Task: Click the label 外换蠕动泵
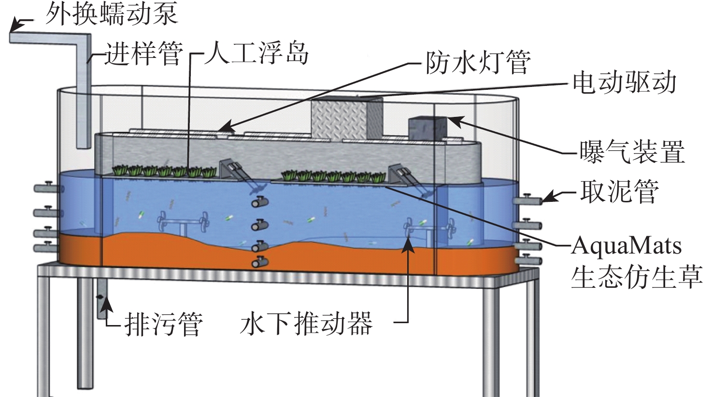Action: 112,14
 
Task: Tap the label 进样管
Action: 144,55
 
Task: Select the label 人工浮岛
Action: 257,54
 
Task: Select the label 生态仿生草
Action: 637,277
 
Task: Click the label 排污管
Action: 164,324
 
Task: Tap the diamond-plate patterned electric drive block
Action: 346,118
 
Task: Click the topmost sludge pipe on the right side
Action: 527,200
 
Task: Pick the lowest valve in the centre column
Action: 260,262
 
